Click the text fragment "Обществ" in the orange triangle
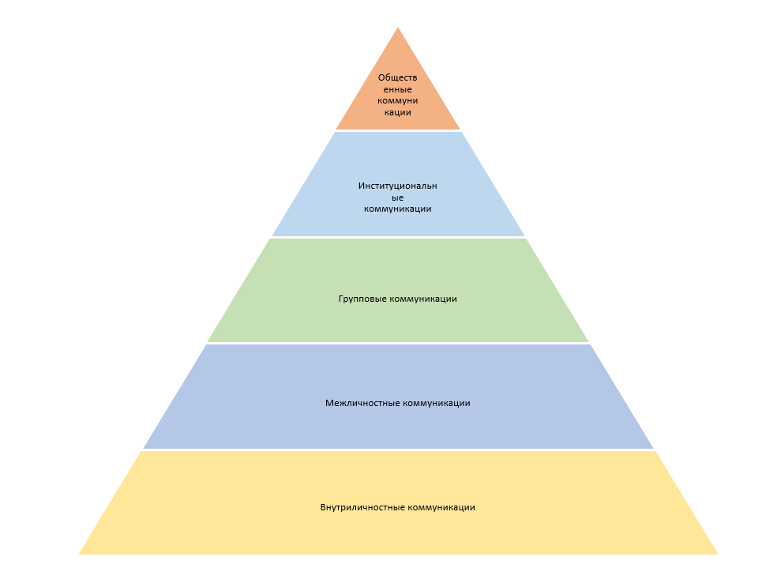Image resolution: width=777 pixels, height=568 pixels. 398,77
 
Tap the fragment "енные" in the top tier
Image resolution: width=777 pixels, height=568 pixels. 398,89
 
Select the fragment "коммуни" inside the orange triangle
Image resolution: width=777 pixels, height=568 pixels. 398,101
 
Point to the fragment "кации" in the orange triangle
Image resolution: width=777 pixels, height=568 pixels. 398,113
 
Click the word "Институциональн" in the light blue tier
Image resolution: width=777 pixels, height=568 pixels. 398,186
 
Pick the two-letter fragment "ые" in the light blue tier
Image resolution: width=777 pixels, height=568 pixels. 398,197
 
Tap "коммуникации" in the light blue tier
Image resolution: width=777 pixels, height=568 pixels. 398,209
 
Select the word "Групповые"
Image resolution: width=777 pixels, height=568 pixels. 362,299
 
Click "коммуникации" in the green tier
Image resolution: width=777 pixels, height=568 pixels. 423,299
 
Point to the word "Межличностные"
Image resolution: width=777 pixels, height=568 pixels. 362,403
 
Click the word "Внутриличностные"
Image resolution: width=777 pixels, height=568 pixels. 362,507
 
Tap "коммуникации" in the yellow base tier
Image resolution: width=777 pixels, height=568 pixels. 441,507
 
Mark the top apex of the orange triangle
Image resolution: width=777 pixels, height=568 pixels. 398,28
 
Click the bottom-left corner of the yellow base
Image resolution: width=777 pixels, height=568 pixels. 80,553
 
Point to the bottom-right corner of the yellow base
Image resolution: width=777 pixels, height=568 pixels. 717,553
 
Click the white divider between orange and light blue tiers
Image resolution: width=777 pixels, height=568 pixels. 398,131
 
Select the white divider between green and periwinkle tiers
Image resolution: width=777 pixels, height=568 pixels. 398,344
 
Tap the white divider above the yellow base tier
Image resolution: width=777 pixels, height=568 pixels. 398,450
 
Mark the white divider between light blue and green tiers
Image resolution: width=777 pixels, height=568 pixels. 398,238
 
